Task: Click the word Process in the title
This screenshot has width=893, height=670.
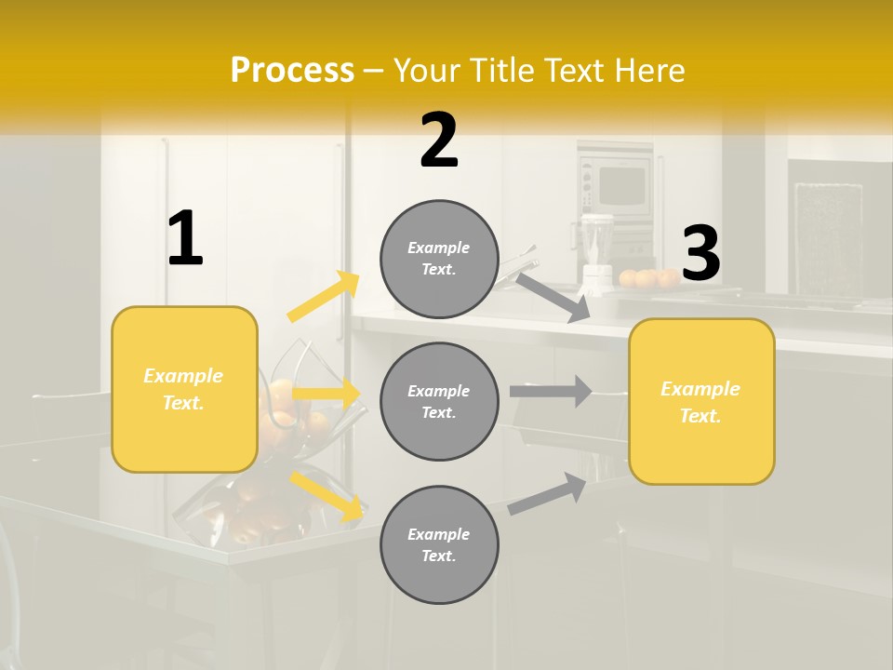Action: [292, 71]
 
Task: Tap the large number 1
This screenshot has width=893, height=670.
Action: [185, 239]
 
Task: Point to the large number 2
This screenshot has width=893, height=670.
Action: [439, 141]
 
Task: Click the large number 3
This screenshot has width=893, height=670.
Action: [700, 253]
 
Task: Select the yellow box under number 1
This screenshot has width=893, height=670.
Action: [184, 389]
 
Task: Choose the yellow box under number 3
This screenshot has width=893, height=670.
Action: [701, 401]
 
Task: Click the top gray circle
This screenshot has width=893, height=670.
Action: [439, 259]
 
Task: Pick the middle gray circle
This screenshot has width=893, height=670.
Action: [439, 401]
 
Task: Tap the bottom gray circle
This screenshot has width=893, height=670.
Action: [439, 544]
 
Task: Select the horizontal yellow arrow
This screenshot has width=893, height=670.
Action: [326, 394]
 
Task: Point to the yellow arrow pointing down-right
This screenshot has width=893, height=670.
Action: [327, 496]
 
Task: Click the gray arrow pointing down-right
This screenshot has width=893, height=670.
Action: [553, 297]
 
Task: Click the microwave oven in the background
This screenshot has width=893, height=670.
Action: [616, 185]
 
